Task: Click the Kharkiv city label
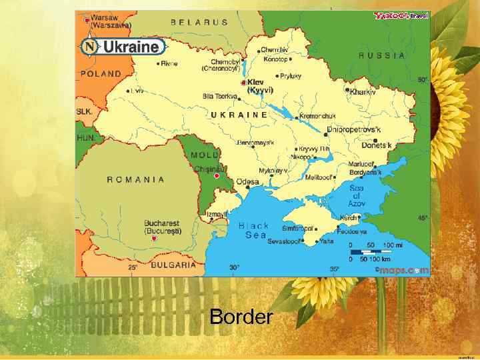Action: click(363, 92)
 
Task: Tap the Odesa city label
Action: click(248, 182)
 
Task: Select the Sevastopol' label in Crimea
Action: click(285, 241)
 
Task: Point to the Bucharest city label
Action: click(162, 227)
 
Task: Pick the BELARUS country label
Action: click(199, 22)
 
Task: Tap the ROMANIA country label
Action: click(136, 179)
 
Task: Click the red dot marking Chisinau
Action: click(217, 177)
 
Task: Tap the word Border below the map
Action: click(241, 317)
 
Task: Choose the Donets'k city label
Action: click(377, 145)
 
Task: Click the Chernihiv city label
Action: click(274, 50)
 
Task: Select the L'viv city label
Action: click(137, 90)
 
